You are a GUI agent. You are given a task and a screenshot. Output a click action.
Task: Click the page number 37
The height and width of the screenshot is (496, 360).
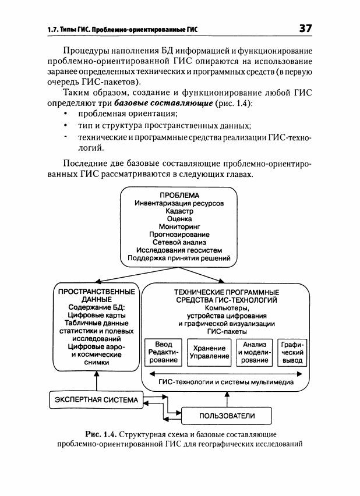pyautogui.click(x=306, y=28)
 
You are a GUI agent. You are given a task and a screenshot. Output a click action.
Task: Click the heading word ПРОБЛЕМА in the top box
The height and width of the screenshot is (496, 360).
pyautogui.click(x=179, y=195)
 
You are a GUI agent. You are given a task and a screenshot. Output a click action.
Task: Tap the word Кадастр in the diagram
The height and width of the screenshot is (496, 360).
pyautogui.click(x=179, y=211)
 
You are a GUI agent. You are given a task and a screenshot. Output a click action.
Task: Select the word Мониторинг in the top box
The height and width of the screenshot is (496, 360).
pyautogui.click(x=179, y=226)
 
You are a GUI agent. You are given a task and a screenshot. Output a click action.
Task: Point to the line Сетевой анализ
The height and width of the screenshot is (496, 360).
pyautogui.click(x=179, y=242)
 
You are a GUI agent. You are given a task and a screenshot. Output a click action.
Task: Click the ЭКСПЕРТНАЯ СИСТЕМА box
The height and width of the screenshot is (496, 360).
pyautogui.click(x=96, y=400)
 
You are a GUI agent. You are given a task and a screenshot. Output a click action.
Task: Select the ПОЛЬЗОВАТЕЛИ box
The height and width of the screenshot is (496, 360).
pyautogui.click(x=227, y=416)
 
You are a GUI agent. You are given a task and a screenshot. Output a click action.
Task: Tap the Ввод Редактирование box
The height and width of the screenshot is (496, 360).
pyautogui.click(x=163, y=352)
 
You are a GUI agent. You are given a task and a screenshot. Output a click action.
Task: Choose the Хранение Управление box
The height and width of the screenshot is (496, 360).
pyautogui.click(x=209, y=352)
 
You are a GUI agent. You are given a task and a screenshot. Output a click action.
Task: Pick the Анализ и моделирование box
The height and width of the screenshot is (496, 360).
pyautogui.click(x=255, y=352)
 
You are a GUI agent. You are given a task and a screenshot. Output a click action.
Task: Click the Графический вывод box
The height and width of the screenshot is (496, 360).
pyautogui.click(x=292, y=352)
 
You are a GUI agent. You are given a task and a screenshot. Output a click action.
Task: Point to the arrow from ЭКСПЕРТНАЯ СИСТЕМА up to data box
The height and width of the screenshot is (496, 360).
pyautogui.click(x=97, y=381)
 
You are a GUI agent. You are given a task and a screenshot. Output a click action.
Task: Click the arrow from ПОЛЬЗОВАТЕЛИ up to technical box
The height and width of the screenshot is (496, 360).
pyautogui.click(x=227, y=399)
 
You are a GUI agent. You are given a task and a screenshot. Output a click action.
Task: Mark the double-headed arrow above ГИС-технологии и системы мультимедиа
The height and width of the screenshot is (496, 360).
pyautogui.click(x=226, y=374)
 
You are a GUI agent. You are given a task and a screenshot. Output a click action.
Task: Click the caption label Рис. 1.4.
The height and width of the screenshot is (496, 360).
pyautogui.click(x=101, y=434)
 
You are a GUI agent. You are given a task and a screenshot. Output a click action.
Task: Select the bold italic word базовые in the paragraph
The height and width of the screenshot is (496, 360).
pyautogui.click(x=131, y=103)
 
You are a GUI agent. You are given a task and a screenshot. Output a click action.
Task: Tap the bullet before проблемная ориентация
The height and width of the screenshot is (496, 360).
pyautogui.click(x=66, y=114)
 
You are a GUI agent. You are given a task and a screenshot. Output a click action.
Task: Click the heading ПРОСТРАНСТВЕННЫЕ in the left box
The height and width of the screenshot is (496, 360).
pyautogui.click(x=97, y=292)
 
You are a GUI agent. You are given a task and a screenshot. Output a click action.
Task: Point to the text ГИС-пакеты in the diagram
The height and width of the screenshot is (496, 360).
pyautogui.click(x=227, y=331)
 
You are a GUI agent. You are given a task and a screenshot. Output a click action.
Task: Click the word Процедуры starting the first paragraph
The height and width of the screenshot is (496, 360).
pyautogui.click(x=83, y=51)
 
